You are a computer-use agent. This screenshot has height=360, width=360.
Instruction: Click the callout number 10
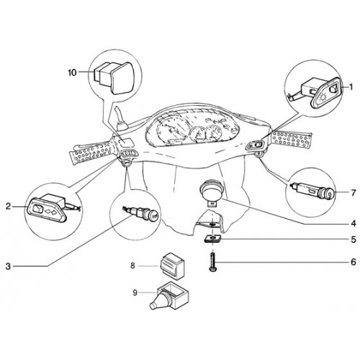(x=72, y=72)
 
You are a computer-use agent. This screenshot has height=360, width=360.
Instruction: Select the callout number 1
(x=351, y=87)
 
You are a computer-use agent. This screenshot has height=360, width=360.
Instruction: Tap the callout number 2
(x=9, y=206)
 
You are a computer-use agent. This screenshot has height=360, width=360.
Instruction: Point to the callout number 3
(x=9, y=266)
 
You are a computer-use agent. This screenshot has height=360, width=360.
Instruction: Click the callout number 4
(x=353, y=224)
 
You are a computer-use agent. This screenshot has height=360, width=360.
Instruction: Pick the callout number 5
(x=354, y=239)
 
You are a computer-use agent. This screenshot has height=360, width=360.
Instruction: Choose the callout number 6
(x=354, y=262)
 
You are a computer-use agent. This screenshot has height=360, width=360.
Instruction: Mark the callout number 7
(x=354, y=193)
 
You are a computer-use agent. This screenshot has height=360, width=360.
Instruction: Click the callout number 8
(x=132, y=266)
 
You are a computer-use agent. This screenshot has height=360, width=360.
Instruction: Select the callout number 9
(x=135, y=292)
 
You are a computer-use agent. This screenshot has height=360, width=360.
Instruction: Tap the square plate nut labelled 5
(x=212, y=239)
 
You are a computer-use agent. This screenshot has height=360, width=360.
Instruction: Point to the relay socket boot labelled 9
(x=168, y=296)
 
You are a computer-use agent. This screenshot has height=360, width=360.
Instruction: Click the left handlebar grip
(x=92, y=153)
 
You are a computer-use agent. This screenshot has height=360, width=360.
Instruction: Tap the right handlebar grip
(x=291, y=140)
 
